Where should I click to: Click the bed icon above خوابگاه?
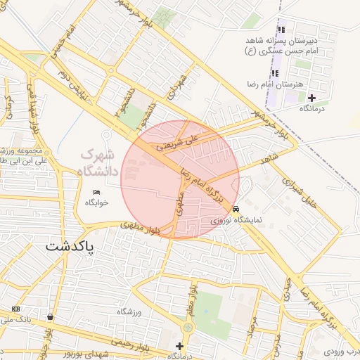tap(97, 191)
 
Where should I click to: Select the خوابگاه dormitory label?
tap(98, 202)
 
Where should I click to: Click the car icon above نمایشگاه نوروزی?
tap(236, 209)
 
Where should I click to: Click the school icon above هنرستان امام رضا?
tap(274, 73)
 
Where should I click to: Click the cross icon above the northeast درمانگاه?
tap(311, 97)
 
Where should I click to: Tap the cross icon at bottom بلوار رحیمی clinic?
tap(179, 346)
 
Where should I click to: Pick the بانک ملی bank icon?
tap(15, 309)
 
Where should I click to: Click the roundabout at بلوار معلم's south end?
tap(188, 328)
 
